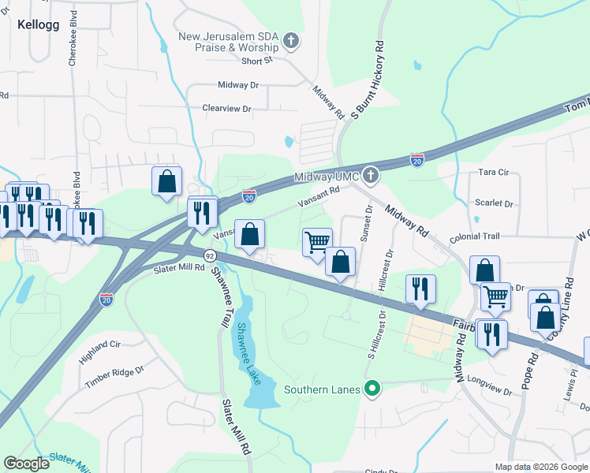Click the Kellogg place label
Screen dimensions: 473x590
click(x=36, y=24)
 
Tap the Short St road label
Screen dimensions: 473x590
click(x=256, y=61)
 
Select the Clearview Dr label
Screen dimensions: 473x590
click(x=226, y=108)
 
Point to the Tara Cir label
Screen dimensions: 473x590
click(x=495, y=171)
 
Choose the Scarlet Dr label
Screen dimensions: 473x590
click(x=494, y=203)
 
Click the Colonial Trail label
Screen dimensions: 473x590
click(x=475, y=236)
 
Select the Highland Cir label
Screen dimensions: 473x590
click(x=99, y=351)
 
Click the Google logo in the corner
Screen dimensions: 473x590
click(x=27, y=464)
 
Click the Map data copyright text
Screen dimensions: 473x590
click(x=540, y=467)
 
